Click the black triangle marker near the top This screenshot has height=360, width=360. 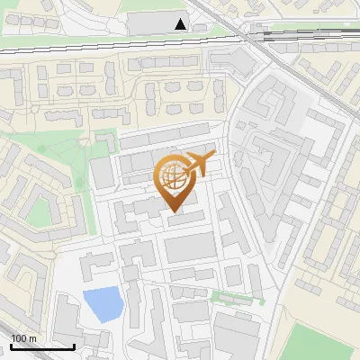coord(182,24)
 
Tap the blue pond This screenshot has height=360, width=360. coord(101,303)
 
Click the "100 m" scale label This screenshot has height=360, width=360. coord(24,337)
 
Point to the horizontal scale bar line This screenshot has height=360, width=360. coord(42,346)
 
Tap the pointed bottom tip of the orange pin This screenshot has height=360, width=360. coord(174,214)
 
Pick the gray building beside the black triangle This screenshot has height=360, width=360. coord(153,22)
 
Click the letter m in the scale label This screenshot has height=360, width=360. coord(32,337)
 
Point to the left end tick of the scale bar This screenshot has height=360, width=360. coord(11,345)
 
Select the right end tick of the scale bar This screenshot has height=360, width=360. coord(74,345)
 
